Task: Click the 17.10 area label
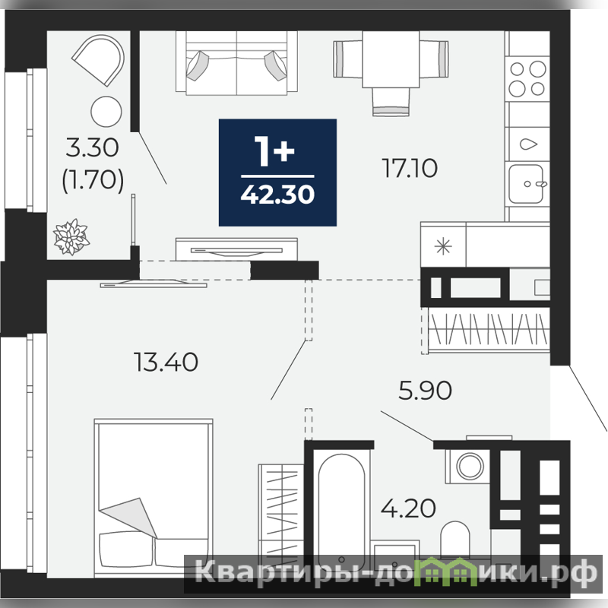(410, 168)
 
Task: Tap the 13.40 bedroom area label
(166, 363)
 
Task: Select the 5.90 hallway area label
(426, 390)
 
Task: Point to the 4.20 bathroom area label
(408, 508)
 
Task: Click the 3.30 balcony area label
(92, 147)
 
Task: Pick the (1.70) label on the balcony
(93, 180)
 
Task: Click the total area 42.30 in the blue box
(277, 195)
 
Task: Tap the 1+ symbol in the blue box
(274, 151)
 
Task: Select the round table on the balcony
(106, 111)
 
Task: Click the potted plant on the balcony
(71, 237)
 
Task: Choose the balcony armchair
(100, 59)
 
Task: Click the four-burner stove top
(527, 79)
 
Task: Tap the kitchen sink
(526, 184)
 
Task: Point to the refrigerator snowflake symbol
(443, 246)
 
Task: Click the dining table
(391, 59)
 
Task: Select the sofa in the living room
(236, 63)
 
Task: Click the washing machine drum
(470, 466)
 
